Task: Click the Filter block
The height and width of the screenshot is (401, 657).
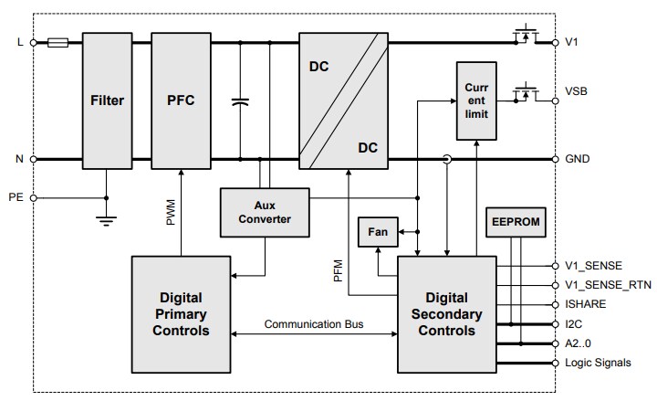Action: point(107,101)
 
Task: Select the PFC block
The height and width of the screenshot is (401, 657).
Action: point(179,101)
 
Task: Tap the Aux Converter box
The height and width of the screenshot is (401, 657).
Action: point(265,212)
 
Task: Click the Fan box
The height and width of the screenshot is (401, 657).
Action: point(377,232)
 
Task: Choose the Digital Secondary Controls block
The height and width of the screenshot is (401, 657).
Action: point(447,314)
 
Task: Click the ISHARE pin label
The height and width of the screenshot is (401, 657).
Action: point(585,304)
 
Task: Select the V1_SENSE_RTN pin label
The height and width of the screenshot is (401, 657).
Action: point(609,285)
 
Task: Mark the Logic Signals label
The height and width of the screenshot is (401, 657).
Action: point(598,363)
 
